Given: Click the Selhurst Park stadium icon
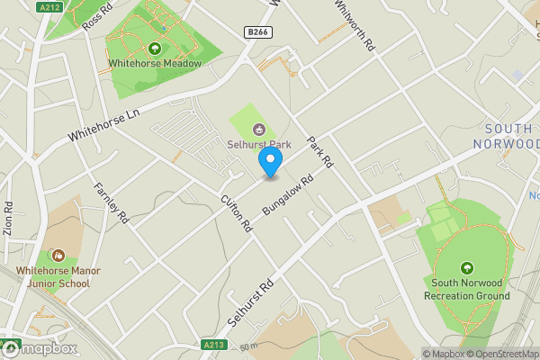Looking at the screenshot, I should [259, 128].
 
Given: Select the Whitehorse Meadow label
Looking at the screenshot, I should [154, 64].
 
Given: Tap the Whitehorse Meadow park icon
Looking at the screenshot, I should [155, 48].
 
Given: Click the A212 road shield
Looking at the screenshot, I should [51, 7].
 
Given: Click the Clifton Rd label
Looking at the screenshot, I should [237, 212].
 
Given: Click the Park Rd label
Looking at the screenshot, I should [320, 152].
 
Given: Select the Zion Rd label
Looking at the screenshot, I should [9, 218].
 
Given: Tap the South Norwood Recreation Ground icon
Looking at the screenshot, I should [466, 267].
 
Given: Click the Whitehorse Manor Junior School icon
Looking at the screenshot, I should [58, 256].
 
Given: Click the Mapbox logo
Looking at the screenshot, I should [40, 348].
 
